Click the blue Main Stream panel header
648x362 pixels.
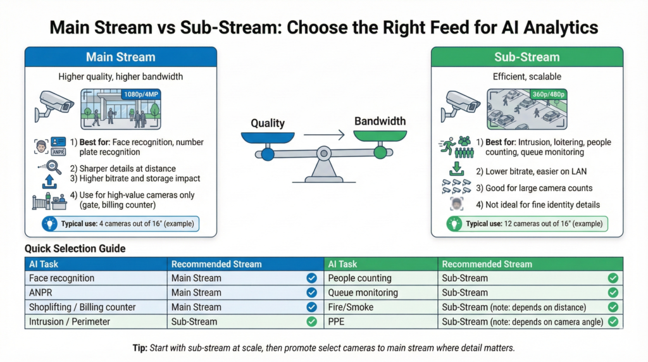[x=120, y=57]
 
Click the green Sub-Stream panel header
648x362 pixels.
[x=526, y=57]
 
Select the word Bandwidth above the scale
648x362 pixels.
[x=380, y=121]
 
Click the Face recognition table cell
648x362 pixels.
[x=62, y=278]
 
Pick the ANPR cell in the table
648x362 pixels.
[x=40, y=292]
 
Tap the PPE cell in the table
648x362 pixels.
[x=337, y=321]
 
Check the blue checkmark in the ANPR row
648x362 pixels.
[x=311, y=292]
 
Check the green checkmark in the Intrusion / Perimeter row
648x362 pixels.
[x=311, y=321]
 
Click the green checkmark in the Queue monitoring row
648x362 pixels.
[x=613, y=292]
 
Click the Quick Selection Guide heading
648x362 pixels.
[x=75, y=249]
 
